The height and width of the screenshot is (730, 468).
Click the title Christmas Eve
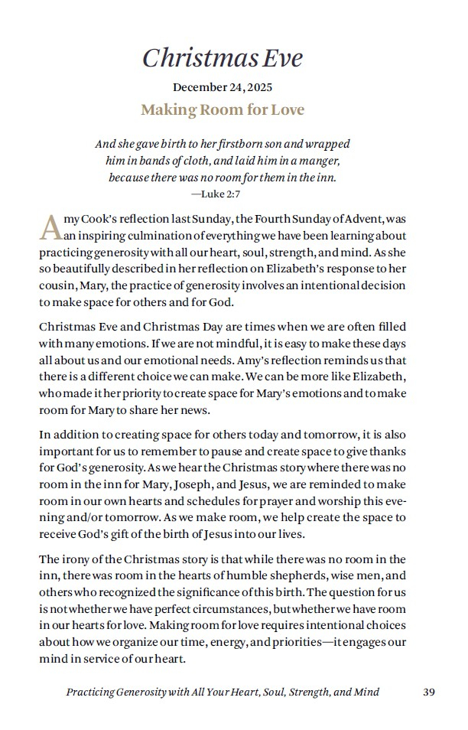pos(223,57)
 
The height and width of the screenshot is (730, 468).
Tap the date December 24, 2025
pos(223,87)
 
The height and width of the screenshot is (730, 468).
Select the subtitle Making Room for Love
pos(223,110)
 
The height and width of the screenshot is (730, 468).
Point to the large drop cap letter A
pos(50,227)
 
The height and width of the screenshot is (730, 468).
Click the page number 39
pos(428,692)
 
